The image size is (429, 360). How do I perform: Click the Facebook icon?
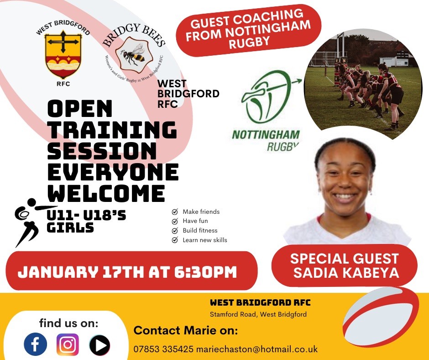click(36, 344)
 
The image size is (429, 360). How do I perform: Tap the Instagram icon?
click(68, 344)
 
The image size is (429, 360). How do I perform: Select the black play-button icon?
click(99, 345)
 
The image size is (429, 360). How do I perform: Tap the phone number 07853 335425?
click(163, 349)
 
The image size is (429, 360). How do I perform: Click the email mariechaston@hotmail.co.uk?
click(256, 349)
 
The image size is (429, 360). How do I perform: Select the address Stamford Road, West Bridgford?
click(258, 314)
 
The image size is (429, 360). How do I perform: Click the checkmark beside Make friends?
click(174, 212)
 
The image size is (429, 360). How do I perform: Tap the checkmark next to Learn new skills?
click(174, 240)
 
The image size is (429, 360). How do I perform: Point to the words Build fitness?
click(200, 231)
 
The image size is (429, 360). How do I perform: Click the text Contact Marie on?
click(185, 330)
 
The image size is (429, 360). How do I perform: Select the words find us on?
click(68, 324)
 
